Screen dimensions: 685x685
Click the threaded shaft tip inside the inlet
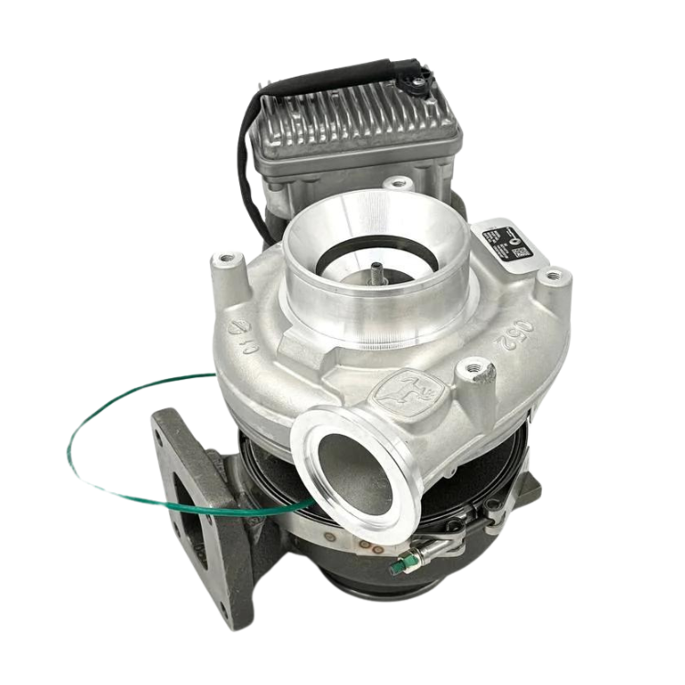(x=375, y=270)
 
